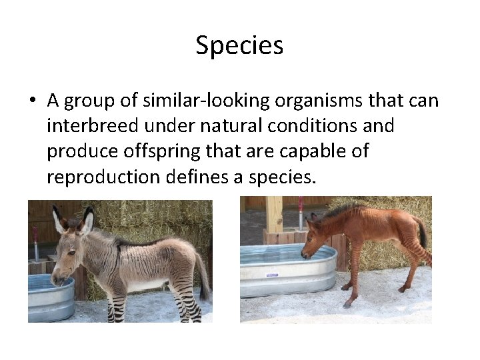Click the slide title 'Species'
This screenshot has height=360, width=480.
coord(239,46)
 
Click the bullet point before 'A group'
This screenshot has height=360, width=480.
coord(32,101)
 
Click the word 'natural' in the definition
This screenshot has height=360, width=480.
coord(209,126)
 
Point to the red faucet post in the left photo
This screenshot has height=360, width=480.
coord(36,243)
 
